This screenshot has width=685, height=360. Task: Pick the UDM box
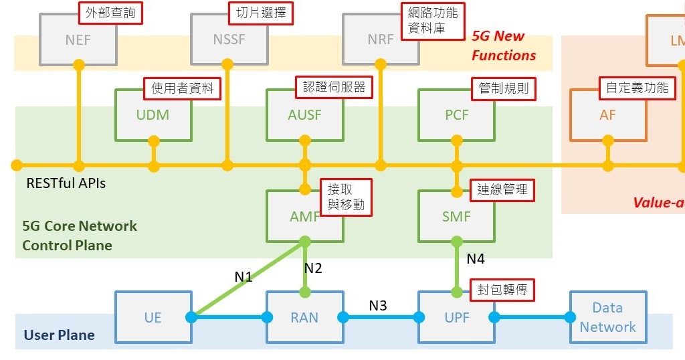point(153,116)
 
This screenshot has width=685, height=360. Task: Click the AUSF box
point(304,116)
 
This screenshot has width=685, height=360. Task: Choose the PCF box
point(456,116)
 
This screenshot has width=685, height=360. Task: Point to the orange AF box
point(607,116)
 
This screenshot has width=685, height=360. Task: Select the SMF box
point(456,217)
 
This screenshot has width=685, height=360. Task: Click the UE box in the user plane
point(153,317)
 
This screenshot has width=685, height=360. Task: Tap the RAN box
point(304,317)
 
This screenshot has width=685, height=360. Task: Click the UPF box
point(456,317)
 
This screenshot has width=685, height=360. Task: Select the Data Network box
point(607,317)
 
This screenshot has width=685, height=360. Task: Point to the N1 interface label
point(243,276)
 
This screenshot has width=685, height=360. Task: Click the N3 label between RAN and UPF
point(378,306)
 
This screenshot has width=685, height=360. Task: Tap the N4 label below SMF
point(476,258)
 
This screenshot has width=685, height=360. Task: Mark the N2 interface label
point(313,268)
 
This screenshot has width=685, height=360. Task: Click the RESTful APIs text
point(66,183)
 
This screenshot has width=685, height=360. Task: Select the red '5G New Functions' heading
point(504,46)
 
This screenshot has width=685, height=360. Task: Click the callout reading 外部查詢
point(112,13)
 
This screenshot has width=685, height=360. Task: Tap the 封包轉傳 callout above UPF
point(502,290)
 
